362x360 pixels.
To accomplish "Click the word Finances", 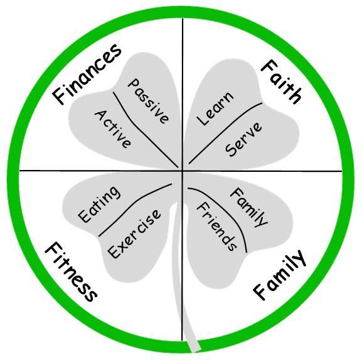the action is [87, 74].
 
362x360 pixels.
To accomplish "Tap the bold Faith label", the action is [281, 82].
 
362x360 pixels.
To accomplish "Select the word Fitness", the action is [71, 272].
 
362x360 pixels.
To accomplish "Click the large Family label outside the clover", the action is [279, 275].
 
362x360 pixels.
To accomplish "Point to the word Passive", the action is [148, 101].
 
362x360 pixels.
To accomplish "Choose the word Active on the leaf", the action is [113, 129].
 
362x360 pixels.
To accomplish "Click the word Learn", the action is [215, 109].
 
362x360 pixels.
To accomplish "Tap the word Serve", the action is [243, 139].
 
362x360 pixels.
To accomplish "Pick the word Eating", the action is [99, 204].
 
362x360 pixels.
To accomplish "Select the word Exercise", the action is [134, 233].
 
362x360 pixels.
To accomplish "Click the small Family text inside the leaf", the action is [249, 207].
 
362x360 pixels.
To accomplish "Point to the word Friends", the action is [216, 226].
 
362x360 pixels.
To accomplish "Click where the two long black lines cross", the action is [183, 171].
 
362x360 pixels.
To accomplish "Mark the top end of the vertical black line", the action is [183, 18].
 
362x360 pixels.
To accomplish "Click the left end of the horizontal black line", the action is [19, 171].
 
